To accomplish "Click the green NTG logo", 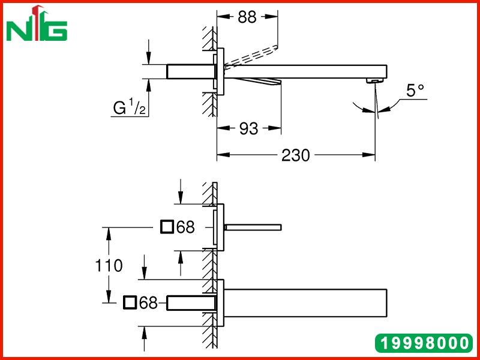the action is [37, 23].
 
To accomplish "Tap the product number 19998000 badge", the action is [424, 343].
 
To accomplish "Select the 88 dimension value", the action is [247, 17].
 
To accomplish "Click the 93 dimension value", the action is [248, 128].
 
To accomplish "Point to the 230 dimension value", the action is [296, 155].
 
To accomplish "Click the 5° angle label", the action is [415, 91].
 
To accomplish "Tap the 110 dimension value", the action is [109, 265].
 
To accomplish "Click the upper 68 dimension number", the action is [185, 227].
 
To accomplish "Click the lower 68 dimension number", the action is [148, 303].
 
